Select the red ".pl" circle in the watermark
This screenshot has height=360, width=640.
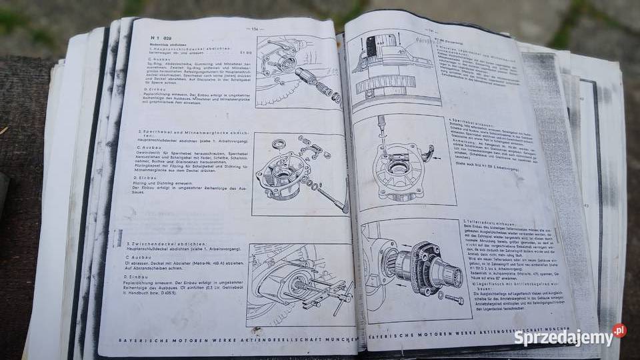[619, 330]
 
